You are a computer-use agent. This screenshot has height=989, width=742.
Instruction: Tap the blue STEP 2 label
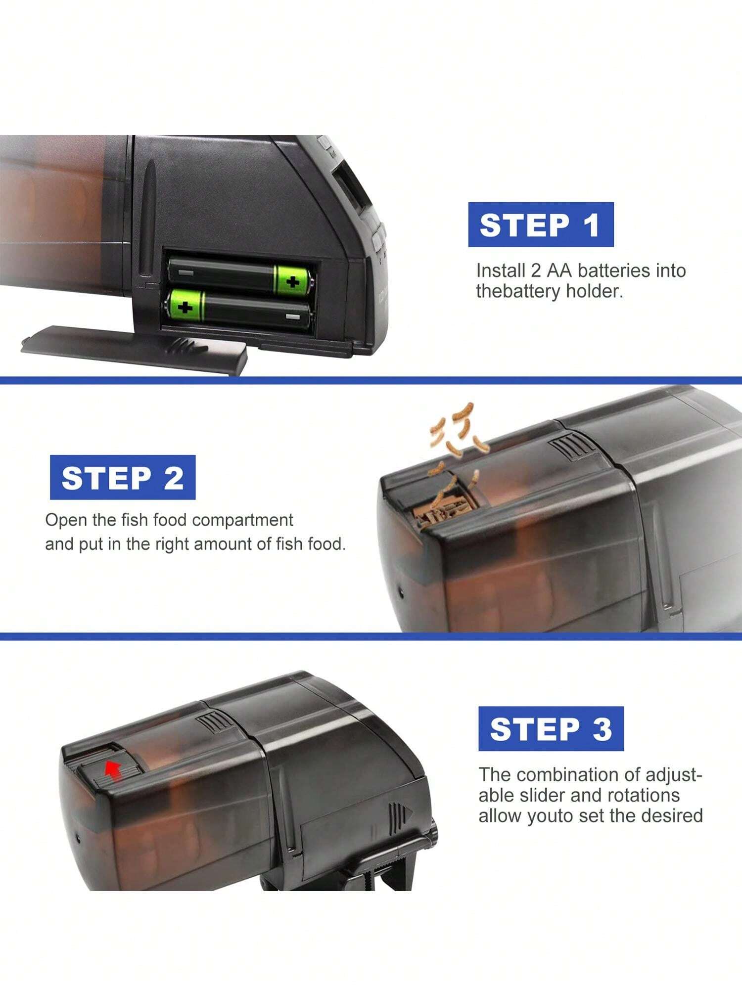click(x=123, y=477)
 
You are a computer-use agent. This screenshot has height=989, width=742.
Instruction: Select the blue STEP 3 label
click(x=551, y=728)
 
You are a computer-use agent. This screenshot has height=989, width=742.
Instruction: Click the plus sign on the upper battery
click(x=293, y=282)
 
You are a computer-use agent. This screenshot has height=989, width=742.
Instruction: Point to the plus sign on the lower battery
click(x=185, y=308)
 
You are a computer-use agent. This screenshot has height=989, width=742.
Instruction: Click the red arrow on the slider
click(x=113, y=770)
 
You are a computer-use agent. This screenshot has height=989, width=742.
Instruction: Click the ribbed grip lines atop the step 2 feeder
click(x=572, y=444)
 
